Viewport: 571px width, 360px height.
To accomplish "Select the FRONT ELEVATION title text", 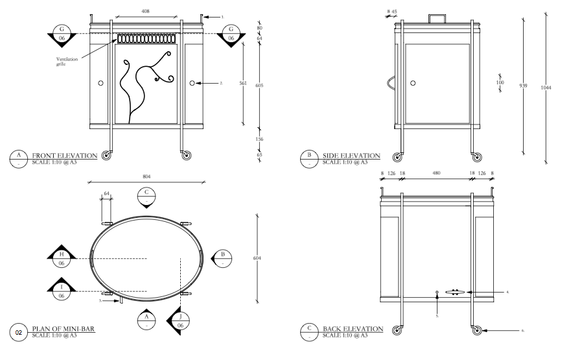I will pos(64,156).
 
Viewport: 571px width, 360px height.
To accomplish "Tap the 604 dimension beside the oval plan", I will pos(257,258).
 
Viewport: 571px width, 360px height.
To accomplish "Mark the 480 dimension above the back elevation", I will pos(437,174).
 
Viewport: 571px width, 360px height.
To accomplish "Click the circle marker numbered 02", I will pos(19,332).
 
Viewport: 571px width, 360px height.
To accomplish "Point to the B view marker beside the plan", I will pos(222,258).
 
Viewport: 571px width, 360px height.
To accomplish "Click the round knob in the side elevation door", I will pos(412,83).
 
